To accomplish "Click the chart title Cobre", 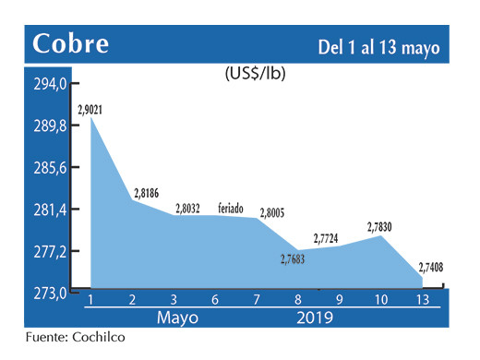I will tap(70, 43).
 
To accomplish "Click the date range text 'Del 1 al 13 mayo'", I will tap(378, 45).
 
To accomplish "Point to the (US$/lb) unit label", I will tap(255, 73).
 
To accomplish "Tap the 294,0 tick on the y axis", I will tap(51, 85).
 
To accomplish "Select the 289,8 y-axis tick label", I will tap(51, 126).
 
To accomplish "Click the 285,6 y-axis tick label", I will tap(51, 168).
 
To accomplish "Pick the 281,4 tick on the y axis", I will tap(51, 210).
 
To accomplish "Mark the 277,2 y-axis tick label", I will tap(51, 252).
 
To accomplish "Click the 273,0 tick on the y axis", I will tap(51, 294).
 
